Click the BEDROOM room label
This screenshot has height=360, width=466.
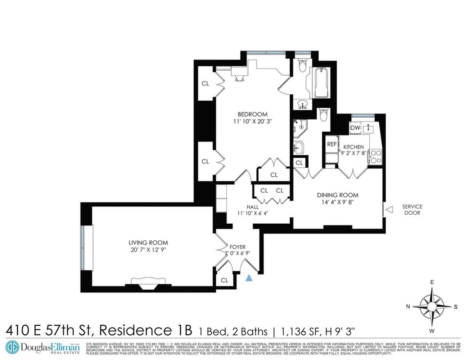252,114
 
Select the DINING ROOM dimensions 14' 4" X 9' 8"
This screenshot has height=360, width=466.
337,202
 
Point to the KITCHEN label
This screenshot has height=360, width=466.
353,147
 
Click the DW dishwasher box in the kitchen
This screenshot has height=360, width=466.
355,128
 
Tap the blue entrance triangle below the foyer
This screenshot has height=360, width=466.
250,278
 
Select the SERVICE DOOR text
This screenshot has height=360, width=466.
412,210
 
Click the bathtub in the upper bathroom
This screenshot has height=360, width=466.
321,83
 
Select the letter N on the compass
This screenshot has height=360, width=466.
408,306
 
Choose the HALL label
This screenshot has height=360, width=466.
252,207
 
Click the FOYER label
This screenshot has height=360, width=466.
237,246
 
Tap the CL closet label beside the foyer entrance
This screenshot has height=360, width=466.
224,280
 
